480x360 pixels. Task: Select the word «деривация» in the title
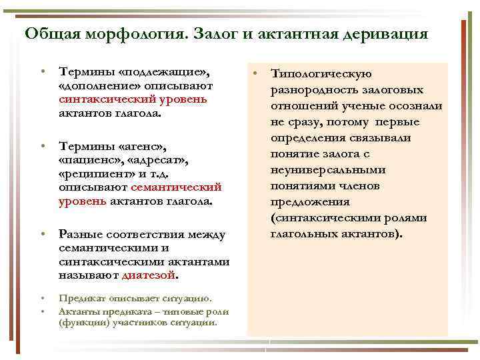coord(387,33)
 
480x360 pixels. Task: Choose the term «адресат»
coord(159,160)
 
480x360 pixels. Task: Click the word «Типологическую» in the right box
coord(321,75)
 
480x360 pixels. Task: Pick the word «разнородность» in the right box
coord(313,91)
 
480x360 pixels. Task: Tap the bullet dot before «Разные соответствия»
coord(41,235)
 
